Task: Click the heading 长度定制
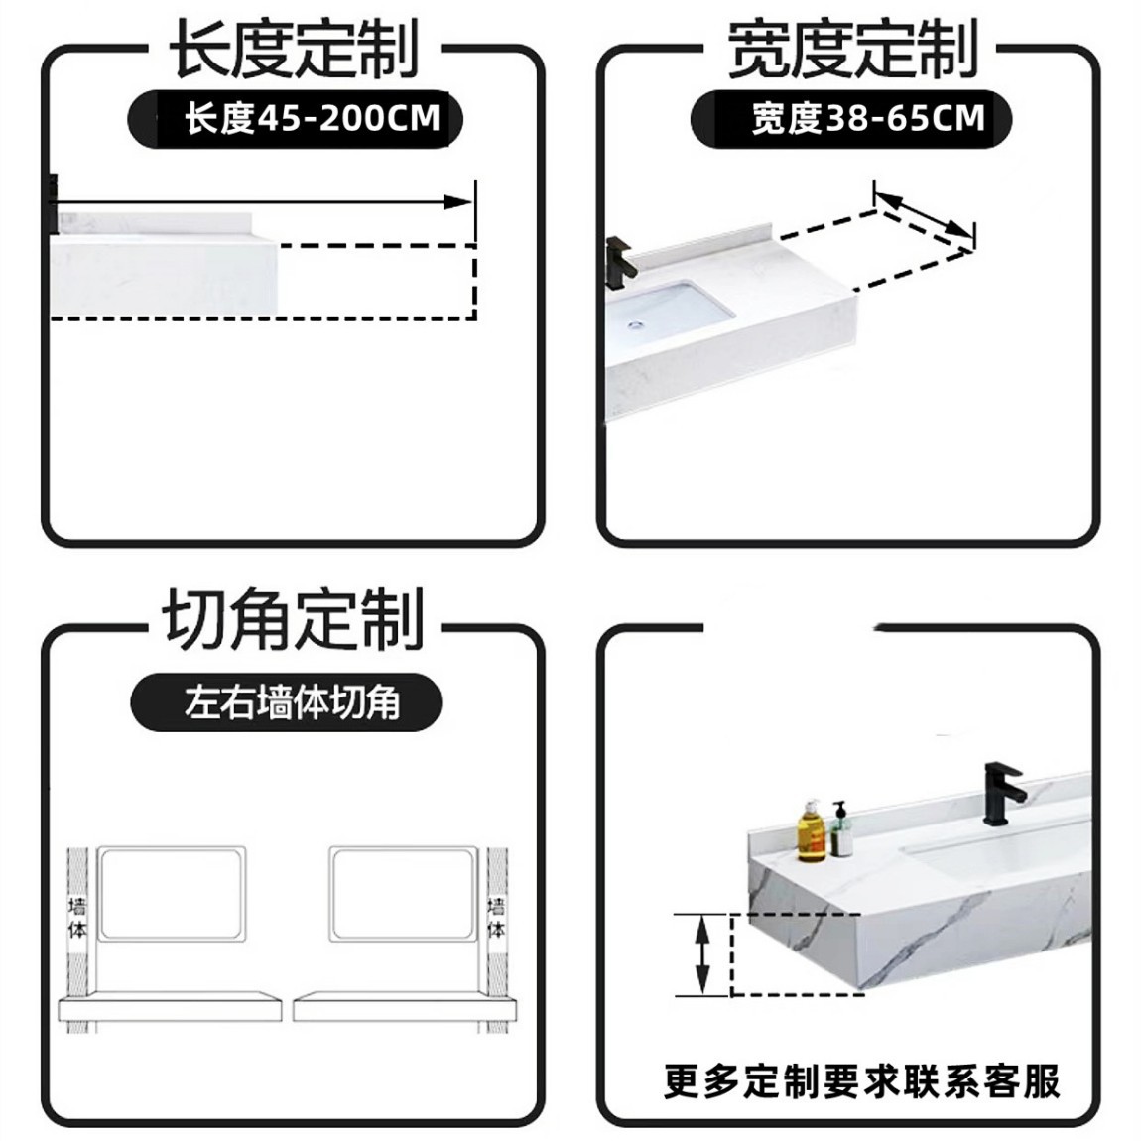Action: [294, 50]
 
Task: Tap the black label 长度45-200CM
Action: [296, 119]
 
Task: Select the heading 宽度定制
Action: [851, 50]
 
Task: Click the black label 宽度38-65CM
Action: [851, 119]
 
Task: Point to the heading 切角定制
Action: [294, 620]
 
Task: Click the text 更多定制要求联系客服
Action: [861, 1080]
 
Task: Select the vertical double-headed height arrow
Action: [702, 953]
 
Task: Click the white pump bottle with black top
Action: [841, 830]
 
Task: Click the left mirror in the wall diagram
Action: [174, 893]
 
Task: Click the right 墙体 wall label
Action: [497, 918]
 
